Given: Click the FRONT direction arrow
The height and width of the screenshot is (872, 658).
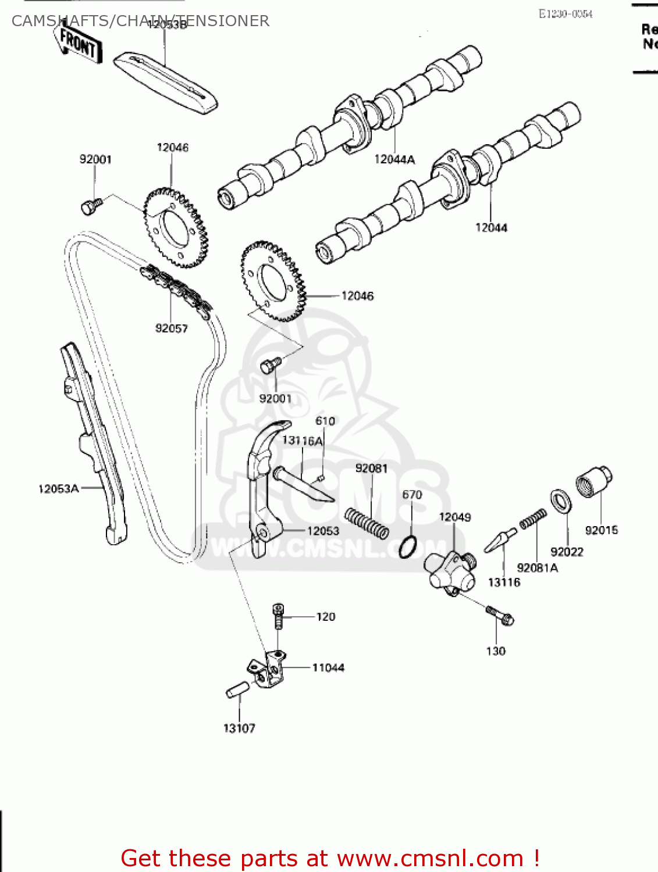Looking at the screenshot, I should (80, 44).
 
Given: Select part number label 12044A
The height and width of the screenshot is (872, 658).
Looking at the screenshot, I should (394, 159).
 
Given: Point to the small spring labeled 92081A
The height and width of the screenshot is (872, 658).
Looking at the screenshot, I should (533, 519).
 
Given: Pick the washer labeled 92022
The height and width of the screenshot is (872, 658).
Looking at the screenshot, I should (561, 501).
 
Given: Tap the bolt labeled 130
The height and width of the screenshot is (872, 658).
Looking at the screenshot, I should (500, 615).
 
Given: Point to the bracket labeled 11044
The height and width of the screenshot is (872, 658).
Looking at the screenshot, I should (268, 671).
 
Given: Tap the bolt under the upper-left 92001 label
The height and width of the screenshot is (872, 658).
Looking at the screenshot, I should (91, 206).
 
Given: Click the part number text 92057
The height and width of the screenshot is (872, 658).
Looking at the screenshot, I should (172, 328).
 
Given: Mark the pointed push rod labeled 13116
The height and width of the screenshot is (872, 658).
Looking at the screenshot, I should (500, 540).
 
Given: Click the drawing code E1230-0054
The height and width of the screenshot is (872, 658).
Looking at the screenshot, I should (565, 14).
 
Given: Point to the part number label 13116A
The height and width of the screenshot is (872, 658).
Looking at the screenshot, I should (302, 441).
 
